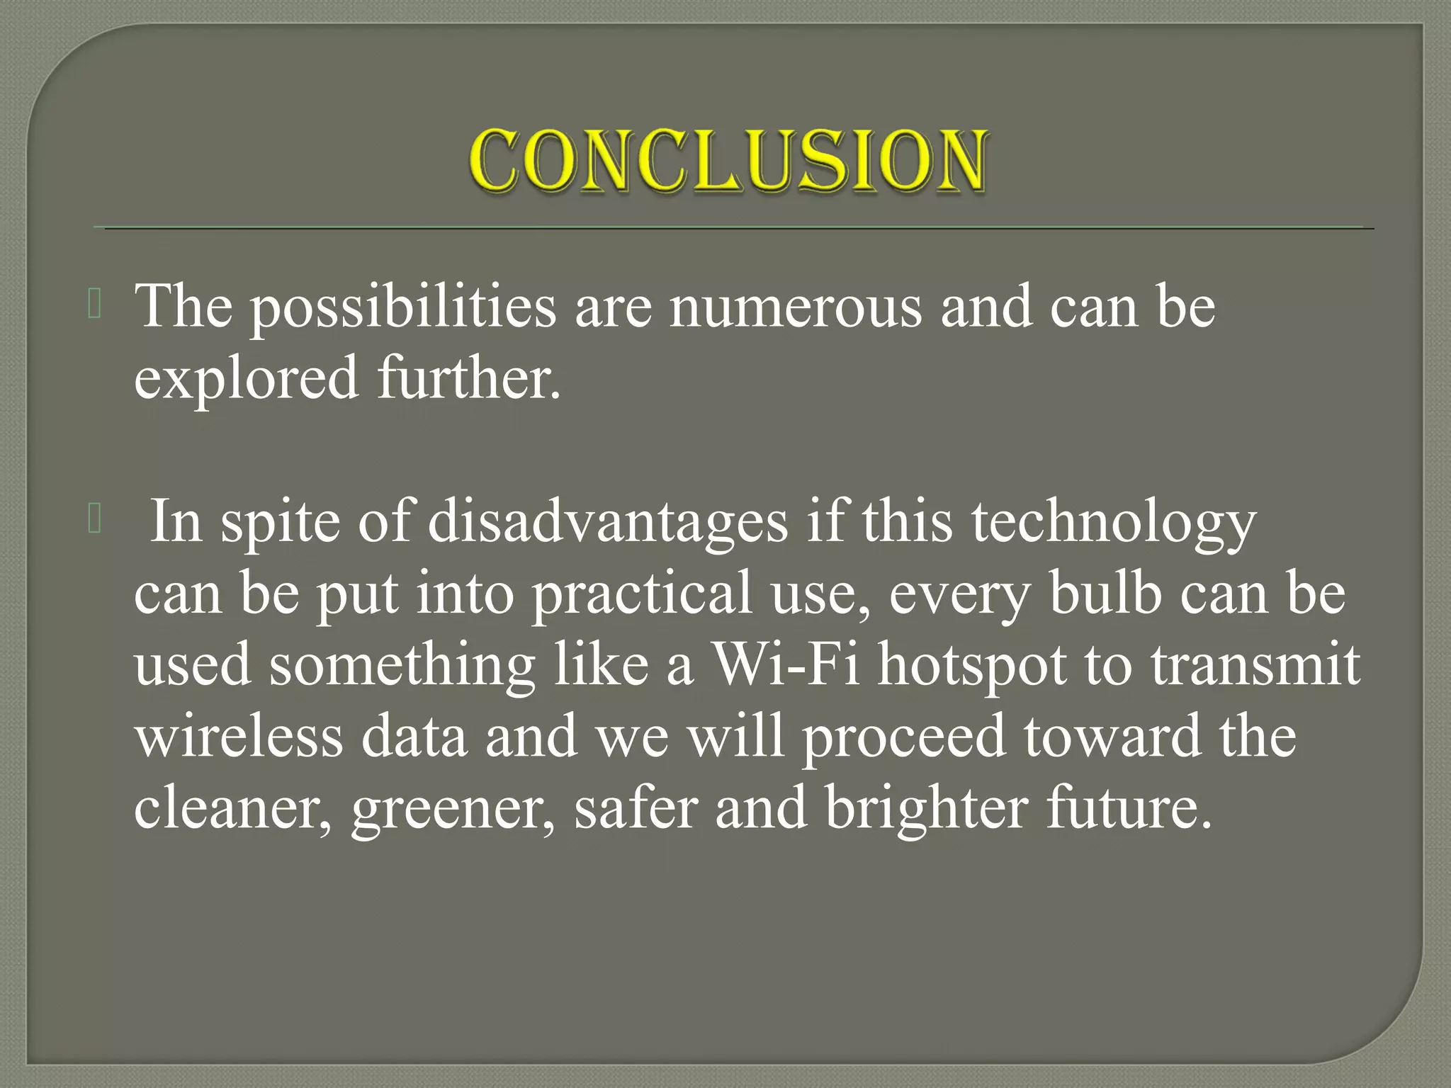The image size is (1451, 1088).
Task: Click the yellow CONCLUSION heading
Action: click(x=727, y=161)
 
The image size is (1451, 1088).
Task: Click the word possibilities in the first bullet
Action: click(x=404, y=306)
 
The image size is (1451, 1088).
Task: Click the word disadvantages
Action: click(x=608, y=522)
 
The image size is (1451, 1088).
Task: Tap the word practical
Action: click(x=642, y=594)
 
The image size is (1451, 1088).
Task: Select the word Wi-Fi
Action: click(x=786, y=665)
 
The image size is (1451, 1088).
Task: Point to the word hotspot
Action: click(x=972, y=665)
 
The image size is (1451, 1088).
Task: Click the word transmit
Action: click(x=1255, y=665)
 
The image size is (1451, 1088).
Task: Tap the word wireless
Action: click(x=239, y=737)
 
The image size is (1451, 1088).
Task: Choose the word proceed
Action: click(x=903, y=737)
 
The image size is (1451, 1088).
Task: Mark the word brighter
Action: click(x=927, y=808)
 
